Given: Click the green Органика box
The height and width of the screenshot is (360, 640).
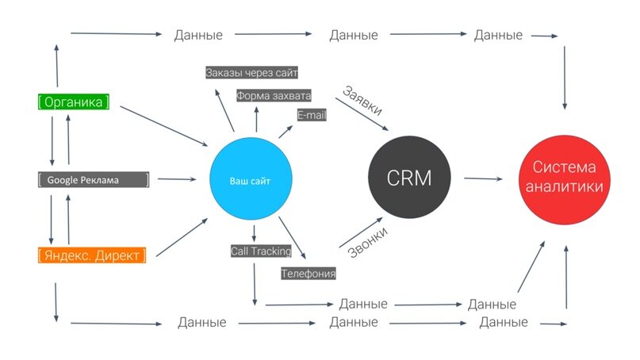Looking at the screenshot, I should tap(74, 101).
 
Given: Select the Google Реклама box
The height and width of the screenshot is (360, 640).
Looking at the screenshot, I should tap(94, 179).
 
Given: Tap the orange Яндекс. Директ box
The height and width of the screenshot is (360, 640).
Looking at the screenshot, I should tap(93, 255).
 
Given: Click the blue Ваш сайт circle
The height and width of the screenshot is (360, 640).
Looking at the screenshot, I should tap(250, 181).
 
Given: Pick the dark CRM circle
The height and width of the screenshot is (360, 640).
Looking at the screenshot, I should tap(409, 178).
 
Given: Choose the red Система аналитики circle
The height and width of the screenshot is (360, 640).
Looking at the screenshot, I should tap(566, 178).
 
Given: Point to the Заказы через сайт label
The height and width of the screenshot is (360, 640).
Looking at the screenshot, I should tap(251, 73).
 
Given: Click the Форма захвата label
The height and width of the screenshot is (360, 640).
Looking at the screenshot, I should tap(274, 95).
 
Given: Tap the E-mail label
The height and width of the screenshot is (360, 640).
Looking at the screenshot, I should tap(312, 115).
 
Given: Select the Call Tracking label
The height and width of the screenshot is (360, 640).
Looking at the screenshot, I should tap(261, 251).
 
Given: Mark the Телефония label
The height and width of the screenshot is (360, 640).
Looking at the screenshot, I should tap(309, 274).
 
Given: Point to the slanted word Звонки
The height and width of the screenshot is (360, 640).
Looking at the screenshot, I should tap(367, 240).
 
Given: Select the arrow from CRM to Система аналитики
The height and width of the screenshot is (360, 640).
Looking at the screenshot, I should tap(483, 179).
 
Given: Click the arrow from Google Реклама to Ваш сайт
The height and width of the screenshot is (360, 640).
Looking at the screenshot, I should tap(178, 179).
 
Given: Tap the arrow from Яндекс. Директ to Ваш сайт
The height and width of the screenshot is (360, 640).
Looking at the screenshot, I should tap(182, 237).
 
